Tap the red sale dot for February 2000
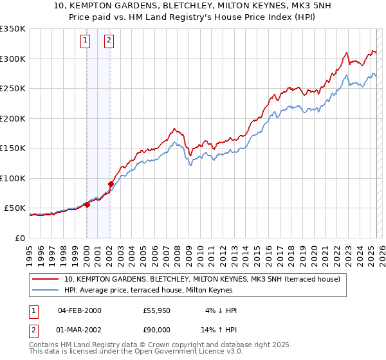pyautogui.click(x=87, y=204)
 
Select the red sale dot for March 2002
pyautogui.click(x=111, y=184)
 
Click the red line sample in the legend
pyautogui.click(x=46, y=279)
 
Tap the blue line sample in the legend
pyautogui.click(x=46, y=290)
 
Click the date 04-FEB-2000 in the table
pyautogui.click(x=80, y=310)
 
